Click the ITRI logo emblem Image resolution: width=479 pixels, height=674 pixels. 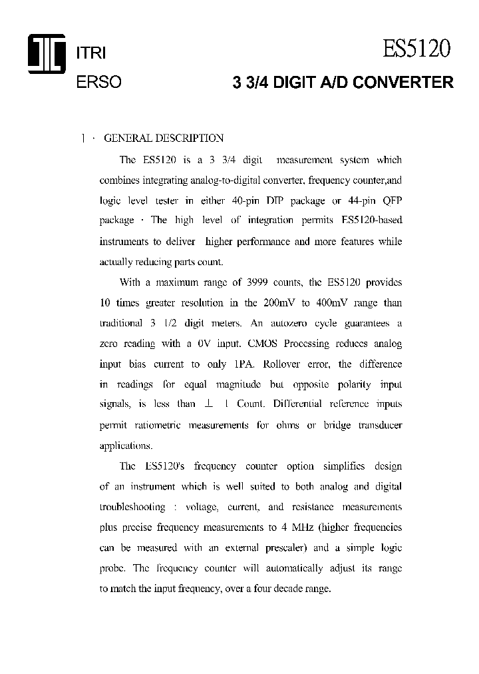[x=47, y=54]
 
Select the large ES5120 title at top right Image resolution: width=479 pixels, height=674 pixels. [x=416, y=49]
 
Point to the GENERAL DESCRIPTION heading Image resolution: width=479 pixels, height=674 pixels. [x=164, y=139]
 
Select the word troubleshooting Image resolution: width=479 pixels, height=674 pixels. [x=132, y=507]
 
